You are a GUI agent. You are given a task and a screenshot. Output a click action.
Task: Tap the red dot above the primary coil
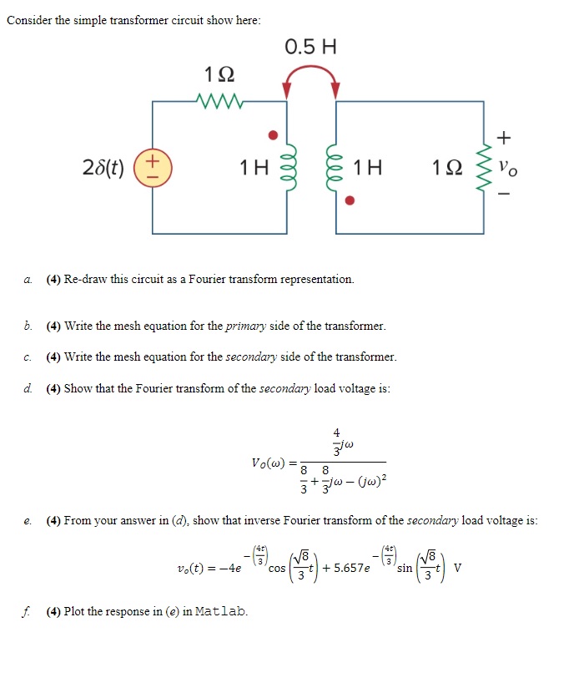coord(270,134)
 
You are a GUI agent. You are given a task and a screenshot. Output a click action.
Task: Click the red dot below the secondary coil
coord(351,201)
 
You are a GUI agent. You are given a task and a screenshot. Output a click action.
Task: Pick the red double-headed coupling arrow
coord(311,75)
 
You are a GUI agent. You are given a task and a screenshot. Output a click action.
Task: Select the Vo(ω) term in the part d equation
coord(269,462)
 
